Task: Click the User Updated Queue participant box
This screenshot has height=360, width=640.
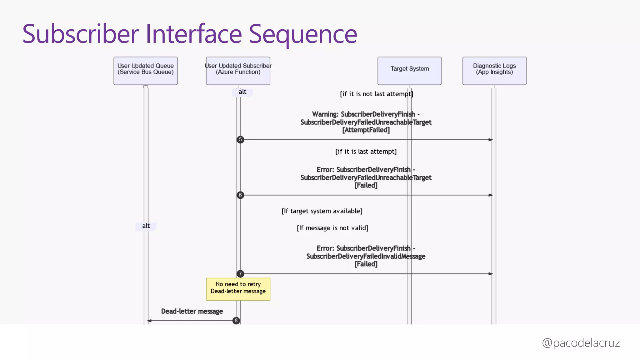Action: coord(145,71)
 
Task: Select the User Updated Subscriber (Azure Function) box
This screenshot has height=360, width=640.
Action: coord(238,71)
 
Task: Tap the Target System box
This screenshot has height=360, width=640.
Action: coord(409,71)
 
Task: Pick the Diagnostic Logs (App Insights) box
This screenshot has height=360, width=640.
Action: coord(494,71)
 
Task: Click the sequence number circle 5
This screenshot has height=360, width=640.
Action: coord(240,140)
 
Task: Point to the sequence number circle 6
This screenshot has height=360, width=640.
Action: coord(240,195)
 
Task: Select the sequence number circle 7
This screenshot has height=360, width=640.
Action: coord(240,274)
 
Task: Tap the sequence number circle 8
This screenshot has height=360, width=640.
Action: coord(236,321)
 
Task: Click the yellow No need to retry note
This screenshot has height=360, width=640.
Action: coord(238,289)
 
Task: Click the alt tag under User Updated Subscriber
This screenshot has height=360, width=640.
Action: coord(242,92)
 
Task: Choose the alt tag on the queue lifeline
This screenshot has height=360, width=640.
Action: coord(146,226)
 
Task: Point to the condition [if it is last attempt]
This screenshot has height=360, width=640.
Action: coord(366,152)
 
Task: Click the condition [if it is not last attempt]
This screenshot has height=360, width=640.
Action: coord(376,94)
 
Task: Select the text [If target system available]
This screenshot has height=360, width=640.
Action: coord(322,211)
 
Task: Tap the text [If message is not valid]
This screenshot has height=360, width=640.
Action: coord(332,228)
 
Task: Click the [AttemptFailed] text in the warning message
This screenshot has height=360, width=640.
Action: coord(366,130)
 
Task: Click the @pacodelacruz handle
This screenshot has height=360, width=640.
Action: coord(581,343)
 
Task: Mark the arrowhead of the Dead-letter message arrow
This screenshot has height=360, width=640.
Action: coord(149,321)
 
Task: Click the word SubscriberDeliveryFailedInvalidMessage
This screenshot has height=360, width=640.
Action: coord(366,256)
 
